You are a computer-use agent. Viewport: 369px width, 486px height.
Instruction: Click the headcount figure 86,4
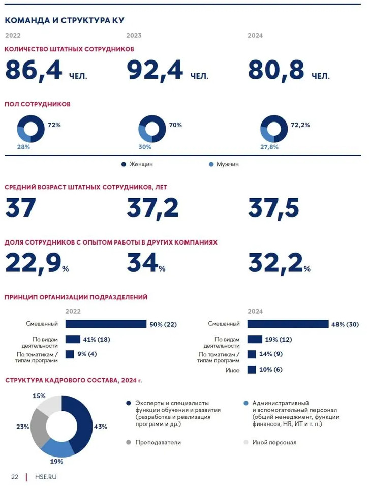34,71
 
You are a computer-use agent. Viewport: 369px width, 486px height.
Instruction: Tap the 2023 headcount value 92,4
155,71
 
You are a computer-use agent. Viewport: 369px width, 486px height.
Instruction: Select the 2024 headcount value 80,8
275,71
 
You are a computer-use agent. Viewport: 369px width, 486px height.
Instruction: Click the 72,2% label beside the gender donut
300,125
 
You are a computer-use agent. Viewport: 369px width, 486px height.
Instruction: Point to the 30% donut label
145,147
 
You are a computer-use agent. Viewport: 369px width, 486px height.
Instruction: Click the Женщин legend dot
124,164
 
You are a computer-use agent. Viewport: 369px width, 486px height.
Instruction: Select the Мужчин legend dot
211,164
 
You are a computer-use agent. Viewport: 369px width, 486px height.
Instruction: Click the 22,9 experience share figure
34,263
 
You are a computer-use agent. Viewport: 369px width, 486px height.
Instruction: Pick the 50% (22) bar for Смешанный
106,324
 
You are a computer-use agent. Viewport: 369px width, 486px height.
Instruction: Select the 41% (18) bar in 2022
73,339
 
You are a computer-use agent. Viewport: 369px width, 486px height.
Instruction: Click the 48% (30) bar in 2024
288,324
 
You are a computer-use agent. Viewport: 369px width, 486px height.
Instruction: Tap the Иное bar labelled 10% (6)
251,370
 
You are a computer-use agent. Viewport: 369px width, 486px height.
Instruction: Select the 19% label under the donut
56,462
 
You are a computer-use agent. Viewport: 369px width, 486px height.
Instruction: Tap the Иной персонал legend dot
246,442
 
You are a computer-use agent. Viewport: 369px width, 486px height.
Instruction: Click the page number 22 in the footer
15,477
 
